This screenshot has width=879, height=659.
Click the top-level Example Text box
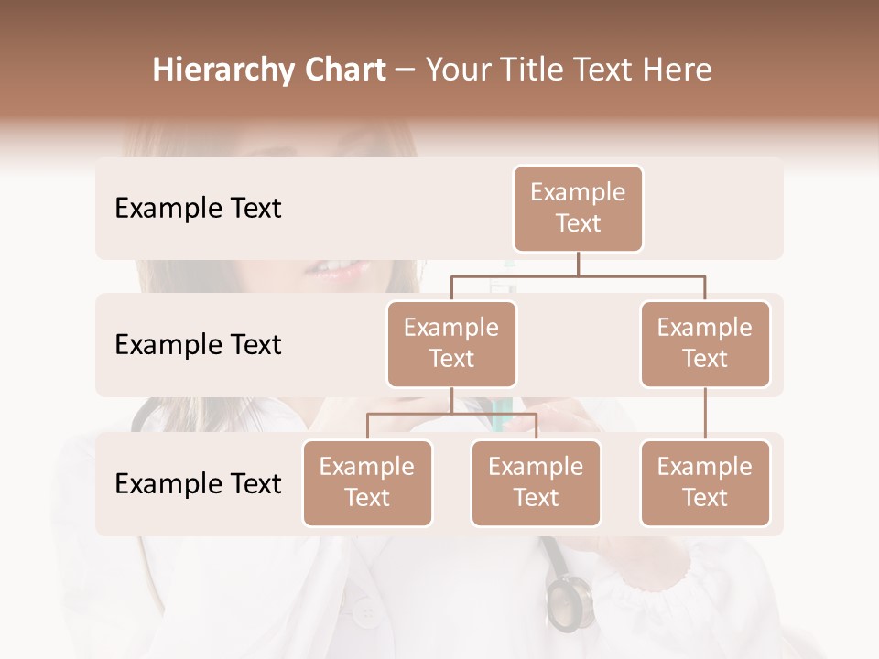point(578,208)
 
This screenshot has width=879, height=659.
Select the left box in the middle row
point(451,343)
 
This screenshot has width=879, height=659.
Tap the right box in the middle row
point(705,343)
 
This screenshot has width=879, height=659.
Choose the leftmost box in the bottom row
point(367,482)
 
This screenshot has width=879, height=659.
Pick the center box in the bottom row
point(536,482)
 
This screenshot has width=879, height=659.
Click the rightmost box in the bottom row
point(705,482)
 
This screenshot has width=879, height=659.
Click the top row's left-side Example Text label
point(198,209)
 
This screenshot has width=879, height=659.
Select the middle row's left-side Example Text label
point(198,344)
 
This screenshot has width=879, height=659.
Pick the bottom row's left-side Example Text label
point(198,483)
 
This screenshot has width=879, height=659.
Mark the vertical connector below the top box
point(578,264)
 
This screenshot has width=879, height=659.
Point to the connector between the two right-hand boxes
point(705,414)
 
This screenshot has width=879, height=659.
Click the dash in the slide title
point(405,70)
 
